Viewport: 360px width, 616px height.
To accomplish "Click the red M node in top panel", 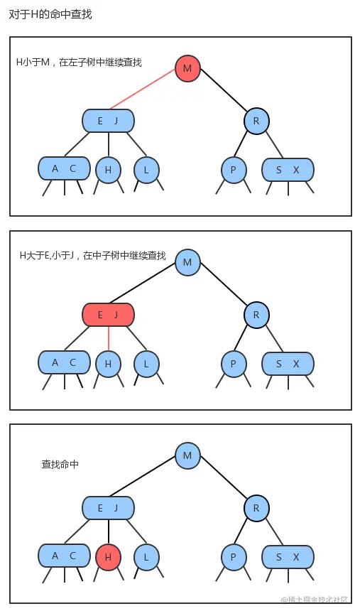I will [187, 68].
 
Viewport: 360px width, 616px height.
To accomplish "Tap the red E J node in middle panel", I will [108, 314].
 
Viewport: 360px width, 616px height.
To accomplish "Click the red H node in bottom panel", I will [108, 558].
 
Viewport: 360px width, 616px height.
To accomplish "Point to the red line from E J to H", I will [108, 338].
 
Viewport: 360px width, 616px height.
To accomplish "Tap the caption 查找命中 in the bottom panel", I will [60, 464].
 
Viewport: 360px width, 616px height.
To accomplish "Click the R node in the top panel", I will [256, 121].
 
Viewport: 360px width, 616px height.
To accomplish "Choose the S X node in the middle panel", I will [288, 363].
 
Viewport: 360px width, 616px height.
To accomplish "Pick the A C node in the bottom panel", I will [64, 556].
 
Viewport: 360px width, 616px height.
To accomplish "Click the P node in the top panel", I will [233, 170].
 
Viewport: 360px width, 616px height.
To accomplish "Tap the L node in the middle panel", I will [146, 364].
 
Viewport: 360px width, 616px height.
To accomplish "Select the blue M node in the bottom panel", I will [187, 455].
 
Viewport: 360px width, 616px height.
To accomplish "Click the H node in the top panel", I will [108, 170].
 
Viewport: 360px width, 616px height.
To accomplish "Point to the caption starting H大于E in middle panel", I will [92, 255].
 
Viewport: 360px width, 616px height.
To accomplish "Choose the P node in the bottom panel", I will [233, 558].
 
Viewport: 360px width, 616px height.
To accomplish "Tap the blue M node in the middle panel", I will [187, 262].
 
